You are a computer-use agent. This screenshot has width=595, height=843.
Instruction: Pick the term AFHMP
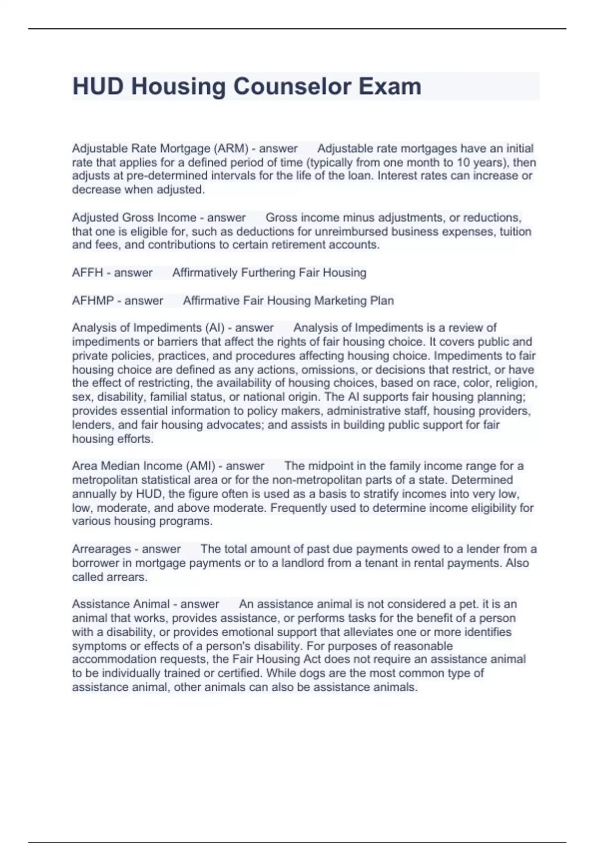(x=93, y=301)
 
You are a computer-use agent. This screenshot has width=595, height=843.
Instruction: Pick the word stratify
(x=424, y=494)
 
